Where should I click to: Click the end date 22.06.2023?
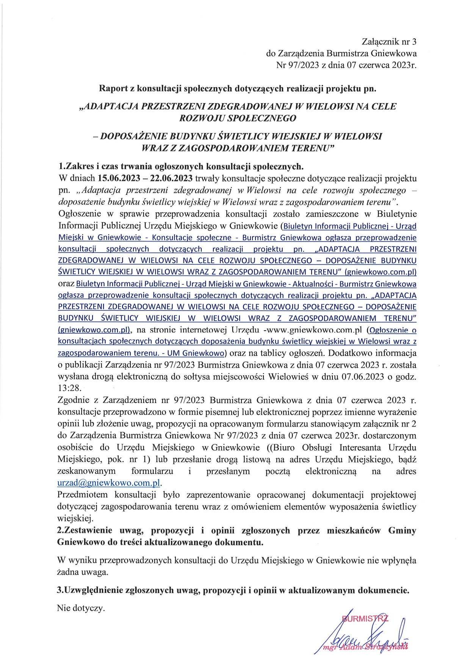171,178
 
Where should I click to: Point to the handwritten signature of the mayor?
364,634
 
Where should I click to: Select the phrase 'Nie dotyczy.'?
80,609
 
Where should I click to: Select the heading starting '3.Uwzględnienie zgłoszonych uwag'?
233,590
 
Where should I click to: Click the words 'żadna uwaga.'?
82,572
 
